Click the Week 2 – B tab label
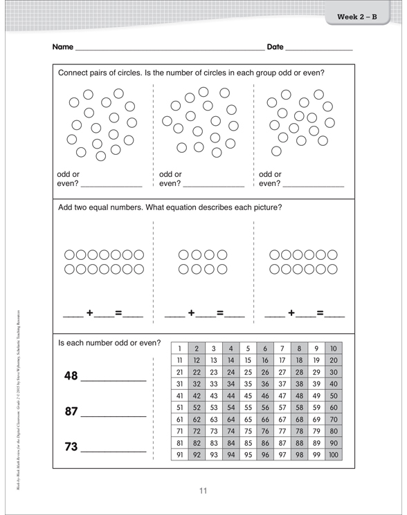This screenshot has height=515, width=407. (x=357, y=17)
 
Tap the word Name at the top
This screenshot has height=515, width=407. (x=62, y=48)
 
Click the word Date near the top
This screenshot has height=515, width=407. (x=275, y=48)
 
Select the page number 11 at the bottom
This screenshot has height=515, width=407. (x=203, y=491)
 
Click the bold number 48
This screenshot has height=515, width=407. (x=71, y=375)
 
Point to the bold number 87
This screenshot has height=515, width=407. (x=71, y=411)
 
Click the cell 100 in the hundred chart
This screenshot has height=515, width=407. (x=334, y=455)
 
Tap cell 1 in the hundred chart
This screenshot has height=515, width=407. (x=180, y=348)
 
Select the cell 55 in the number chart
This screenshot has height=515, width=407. (x=248, y=408)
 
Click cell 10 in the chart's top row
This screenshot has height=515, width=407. (x=334, y=348)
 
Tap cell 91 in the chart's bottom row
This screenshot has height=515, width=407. (x=180, y=455)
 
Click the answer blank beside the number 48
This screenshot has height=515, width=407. (x=114, y=379)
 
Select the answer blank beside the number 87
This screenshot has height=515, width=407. (x=114, y=415)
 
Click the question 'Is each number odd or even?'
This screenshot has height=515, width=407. (x=109, y=342)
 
